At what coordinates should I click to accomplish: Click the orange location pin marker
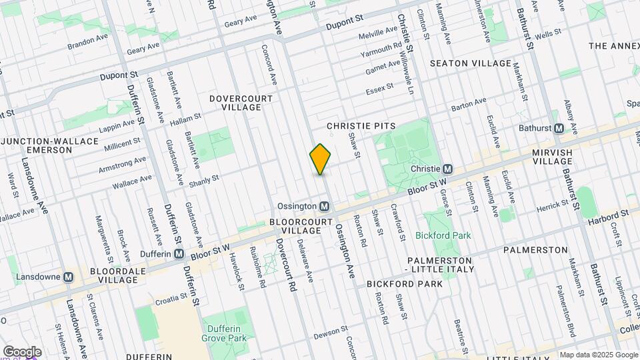tap(321, 159)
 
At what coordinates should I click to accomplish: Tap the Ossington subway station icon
tap(325, 206)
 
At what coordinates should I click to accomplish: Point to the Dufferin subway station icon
tap(179, 254)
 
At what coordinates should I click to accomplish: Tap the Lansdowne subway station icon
tap(69, 277)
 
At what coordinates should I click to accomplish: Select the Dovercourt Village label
tap(241, 103)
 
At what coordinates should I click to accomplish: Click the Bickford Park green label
tap(443, 235)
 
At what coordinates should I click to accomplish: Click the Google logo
tap(22, 351)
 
